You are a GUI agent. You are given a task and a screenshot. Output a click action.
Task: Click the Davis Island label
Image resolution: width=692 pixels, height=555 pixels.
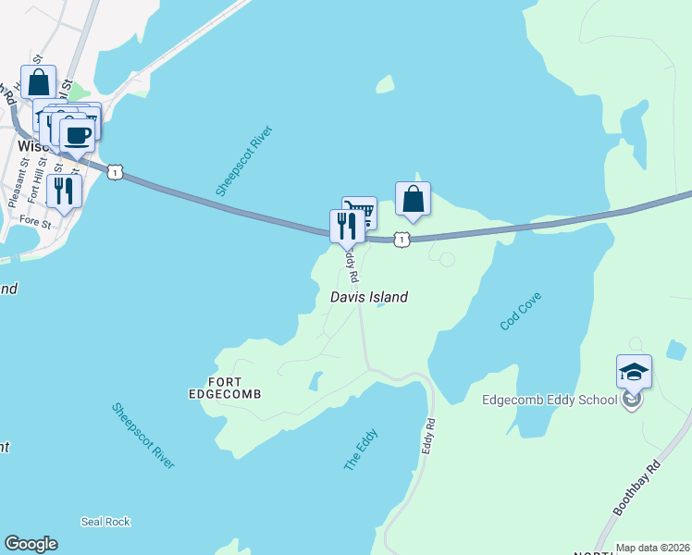click(x=369, y=298)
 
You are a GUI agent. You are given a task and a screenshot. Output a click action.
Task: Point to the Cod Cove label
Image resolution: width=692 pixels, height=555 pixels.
click(x=520, y=311)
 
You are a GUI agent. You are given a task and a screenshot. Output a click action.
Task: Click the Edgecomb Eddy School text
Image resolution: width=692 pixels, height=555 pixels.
click(x=549, y=401)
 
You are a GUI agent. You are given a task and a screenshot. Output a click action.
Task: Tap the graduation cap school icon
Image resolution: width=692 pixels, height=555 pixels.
click(x=634, y=372)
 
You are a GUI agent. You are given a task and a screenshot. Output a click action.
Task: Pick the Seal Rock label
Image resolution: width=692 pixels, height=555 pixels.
click(x=105, y=522)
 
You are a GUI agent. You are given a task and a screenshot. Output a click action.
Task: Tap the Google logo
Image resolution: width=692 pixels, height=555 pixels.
click(x=31, y=544)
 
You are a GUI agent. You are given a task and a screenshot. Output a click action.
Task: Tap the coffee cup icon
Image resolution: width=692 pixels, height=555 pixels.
click(x=78, y=134)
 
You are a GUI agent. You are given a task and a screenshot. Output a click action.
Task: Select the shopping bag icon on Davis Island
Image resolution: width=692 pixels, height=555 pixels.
click(x=413, y=199)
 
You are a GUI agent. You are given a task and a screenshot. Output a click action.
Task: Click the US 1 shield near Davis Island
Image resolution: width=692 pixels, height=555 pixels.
click(x=401, y=240)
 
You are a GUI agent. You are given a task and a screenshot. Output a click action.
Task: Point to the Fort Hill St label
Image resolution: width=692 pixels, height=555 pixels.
click(x=35, y=181)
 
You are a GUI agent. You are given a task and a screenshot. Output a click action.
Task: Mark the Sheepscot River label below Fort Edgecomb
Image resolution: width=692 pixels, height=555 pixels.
click(x=143, y=435)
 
